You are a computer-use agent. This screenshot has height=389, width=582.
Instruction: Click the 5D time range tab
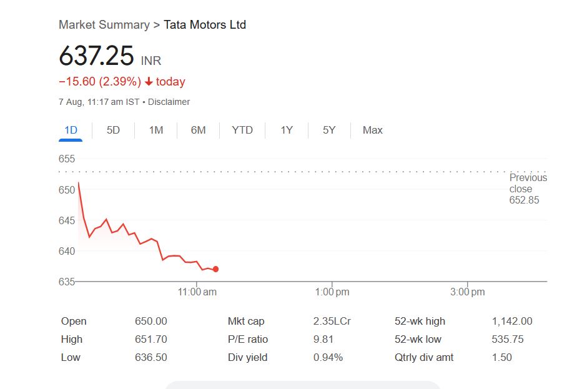113,130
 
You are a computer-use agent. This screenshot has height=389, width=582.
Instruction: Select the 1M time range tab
155,130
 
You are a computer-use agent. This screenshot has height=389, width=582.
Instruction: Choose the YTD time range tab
242,130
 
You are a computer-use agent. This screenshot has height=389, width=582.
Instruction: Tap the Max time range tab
372,130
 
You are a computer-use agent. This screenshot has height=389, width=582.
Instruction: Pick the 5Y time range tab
329,130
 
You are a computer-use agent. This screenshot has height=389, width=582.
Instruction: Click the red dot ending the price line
215,269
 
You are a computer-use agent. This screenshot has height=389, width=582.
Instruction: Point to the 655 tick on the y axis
67,159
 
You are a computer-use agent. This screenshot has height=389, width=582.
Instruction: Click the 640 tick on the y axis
67,251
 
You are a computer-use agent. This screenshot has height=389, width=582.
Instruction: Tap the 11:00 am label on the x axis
197,292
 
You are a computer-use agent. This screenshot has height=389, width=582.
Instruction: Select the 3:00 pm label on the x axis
468,292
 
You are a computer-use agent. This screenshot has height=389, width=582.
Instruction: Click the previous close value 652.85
524,200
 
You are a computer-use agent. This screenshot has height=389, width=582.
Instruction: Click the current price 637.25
96,56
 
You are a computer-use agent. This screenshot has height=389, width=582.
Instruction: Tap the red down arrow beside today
149,82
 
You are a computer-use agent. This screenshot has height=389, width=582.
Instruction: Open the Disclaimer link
169,102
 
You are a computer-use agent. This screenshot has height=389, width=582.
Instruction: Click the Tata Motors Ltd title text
205,25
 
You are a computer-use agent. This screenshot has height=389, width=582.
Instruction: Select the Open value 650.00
151,321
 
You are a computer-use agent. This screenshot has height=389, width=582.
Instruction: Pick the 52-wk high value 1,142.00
512,321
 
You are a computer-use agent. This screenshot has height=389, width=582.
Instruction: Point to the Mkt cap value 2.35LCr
332,321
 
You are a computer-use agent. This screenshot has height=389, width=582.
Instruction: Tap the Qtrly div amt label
424,357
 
